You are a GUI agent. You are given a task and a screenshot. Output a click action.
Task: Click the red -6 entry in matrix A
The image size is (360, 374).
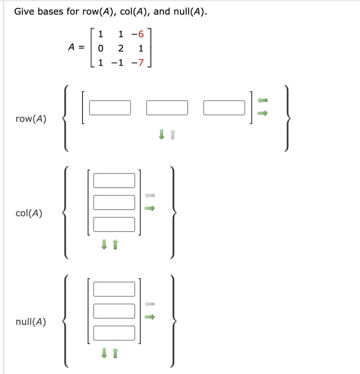pyautogui.click(x=138, y=35)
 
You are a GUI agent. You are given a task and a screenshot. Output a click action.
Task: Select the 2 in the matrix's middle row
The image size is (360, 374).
pyautogui.click(x=121, y=48)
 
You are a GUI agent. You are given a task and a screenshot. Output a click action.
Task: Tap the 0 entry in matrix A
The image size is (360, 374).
pyautogui.click(x=101, y=48)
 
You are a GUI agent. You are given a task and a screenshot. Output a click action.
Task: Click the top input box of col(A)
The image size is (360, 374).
pyautogui.click(x=114, y=180)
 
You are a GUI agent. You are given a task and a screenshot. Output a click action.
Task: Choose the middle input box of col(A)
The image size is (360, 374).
pyautogui.click(x=114, y=202)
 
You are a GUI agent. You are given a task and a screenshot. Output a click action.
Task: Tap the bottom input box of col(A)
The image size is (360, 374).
pyautogui.click(x=114, y=224)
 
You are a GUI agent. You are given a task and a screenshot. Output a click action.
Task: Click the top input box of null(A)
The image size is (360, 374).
pyautogui.click(x=114, y=289)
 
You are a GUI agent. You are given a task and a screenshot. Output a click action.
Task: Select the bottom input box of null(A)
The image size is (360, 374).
pyautogui.click(x=114, y=333)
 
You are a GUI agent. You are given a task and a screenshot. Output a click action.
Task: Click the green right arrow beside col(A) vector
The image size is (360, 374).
pyautogui.click(x=150, y=209)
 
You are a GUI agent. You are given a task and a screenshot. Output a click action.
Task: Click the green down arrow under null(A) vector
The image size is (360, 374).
pyautogui.click(x=104, y=353)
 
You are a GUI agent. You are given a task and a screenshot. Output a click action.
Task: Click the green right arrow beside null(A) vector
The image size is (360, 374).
pyautogui.click(x=150, y=317)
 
